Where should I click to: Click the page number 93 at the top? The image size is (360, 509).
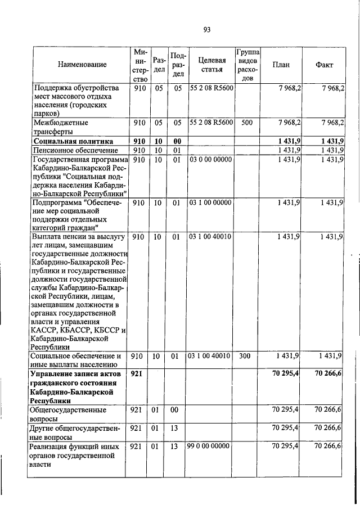coord(206,29)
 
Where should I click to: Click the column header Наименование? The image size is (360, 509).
coord(82,65)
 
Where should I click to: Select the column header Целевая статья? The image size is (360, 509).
coord(209,65)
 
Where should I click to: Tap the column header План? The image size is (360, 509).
coord(281,65)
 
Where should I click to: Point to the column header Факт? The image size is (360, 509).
coord(325,65)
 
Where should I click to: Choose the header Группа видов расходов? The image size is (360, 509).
coord(247,65)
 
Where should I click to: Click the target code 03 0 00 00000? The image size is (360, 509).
coord(209,160)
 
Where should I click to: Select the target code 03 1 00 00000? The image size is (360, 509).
coord(209,202)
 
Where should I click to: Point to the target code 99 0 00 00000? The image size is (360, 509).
coord(209,446)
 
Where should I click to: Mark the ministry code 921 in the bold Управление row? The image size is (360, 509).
coord(137,374)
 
